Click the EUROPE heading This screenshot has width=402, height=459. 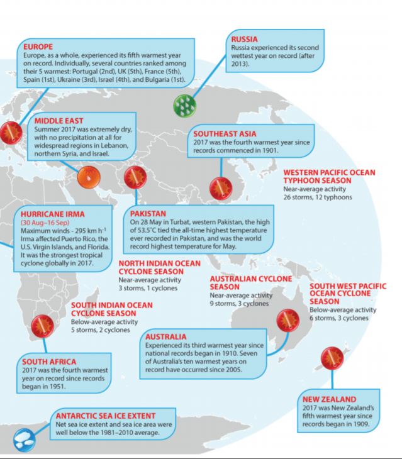click(x=38, y=46)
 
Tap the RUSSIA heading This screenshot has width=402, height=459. click(x=244, y=39)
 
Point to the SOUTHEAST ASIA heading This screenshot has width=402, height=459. click(x=225, y=133)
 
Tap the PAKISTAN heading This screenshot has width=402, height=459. click(x=149, y=214)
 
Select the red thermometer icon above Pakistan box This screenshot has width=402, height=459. click(x=135, y=178)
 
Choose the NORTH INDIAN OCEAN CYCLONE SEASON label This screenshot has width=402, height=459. click(x=151, y=267)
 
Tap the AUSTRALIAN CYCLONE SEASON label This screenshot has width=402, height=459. click(x=250, y=282)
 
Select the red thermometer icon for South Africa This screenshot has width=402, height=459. click(x=43, y=326)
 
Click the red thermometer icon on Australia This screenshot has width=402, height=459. click(x=288, y=321)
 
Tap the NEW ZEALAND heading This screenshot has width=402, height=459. click(x=329, y=399)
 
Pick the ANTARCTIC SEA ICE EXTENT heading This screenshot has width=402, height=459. click(x=105, y=416)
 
